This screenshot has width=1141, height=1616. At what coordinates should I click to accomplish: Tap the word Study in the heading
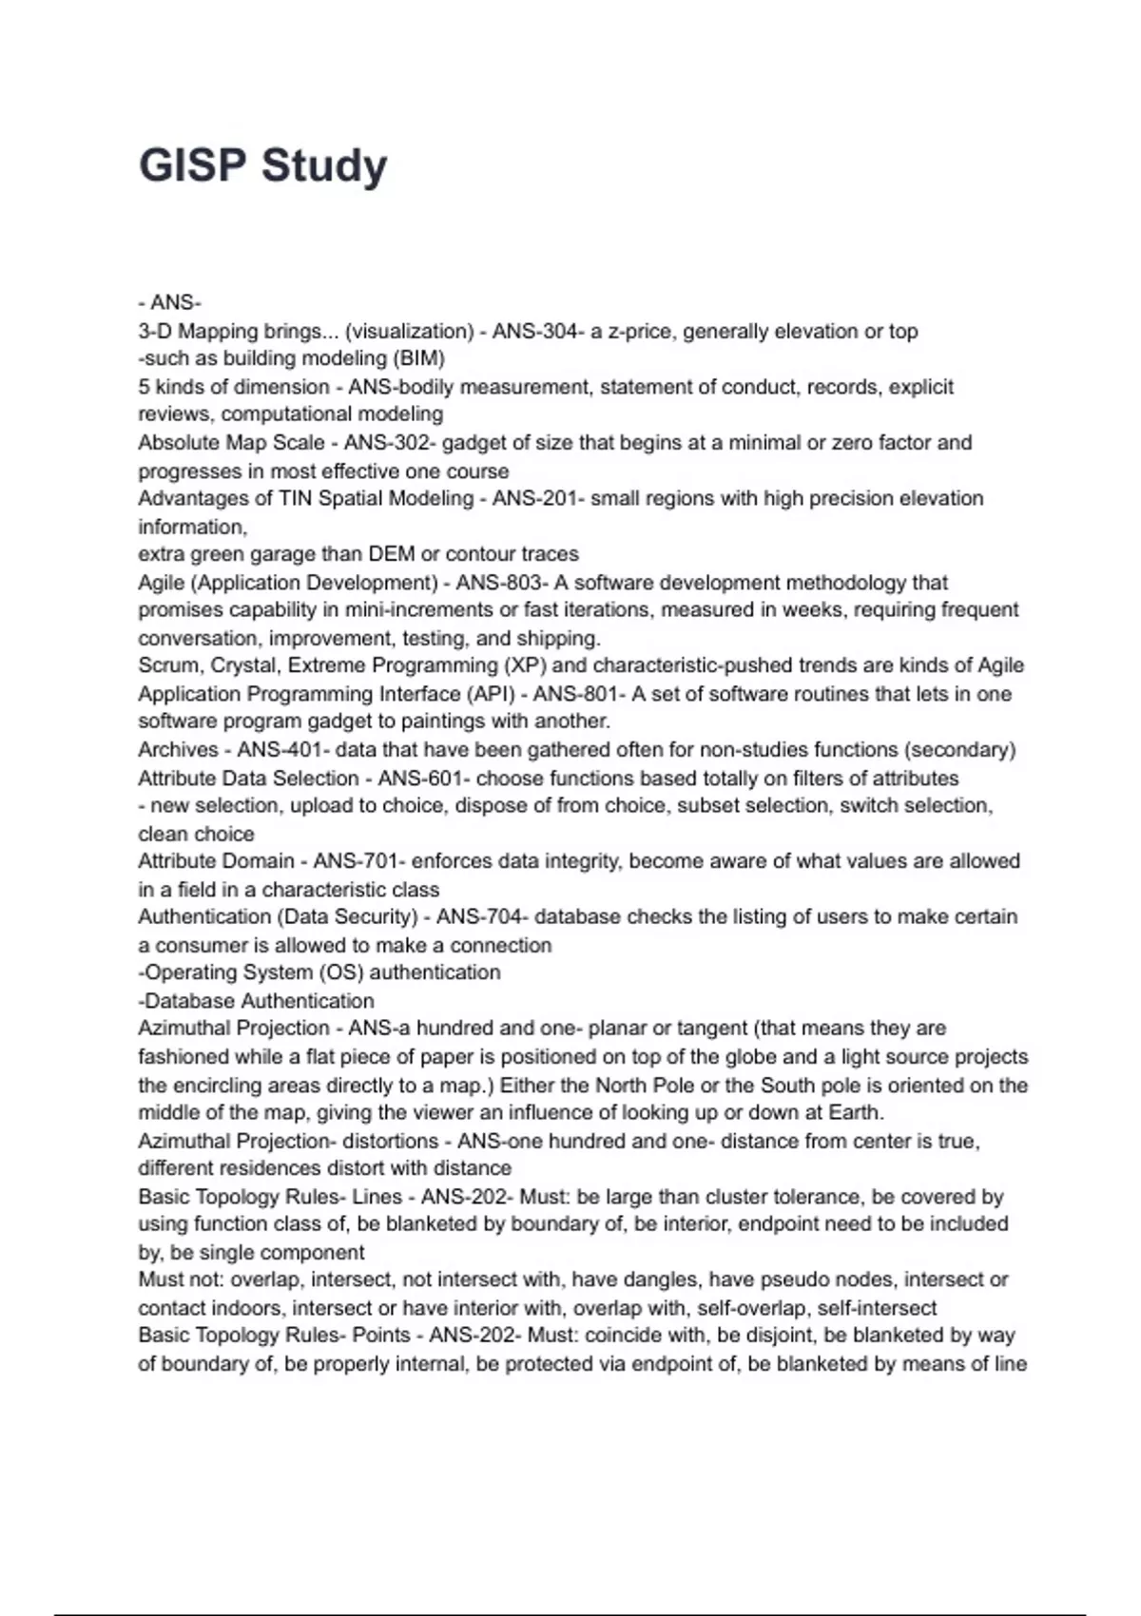coord(324,167)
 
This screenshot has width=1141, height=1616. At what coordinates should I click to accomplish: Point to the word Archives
coord(178,749)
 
